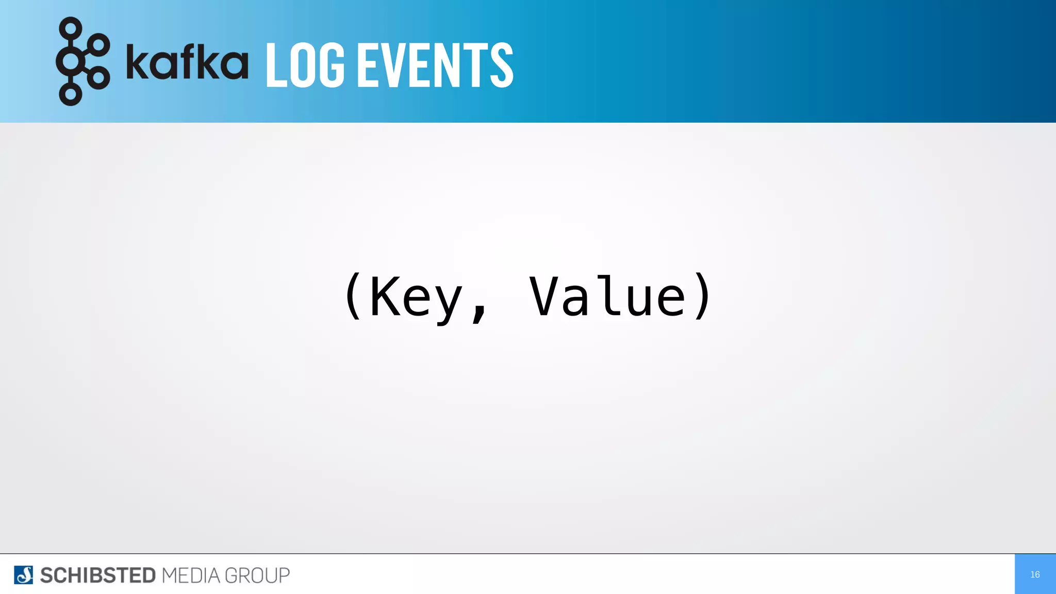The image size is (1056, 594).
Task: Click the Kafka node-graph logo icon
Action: tap(82, 61)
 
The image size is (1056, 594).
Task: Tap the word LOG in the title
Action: tap(305, 65)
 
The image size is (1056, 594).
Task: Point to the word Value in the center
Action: tap(608, 296)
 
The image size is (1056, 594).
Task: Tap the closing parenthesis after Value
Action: tap(703, 296)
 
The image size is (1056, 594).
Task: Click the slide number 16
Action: tap(1035, 574)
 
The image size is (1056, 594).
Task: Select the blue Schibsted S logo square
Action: tap(24, 575)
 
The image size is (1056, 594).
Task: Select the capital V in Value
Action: tap(544, 296)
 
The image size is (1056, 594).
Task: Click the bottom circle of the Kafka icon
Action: tap(71, 95)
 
